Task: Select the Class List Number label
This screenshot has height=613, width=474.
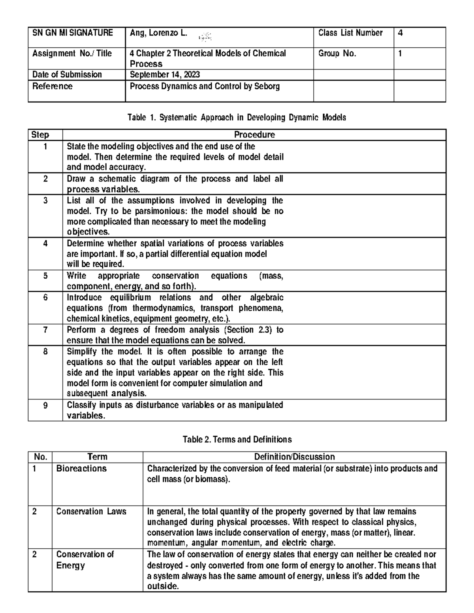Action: click(350, 33)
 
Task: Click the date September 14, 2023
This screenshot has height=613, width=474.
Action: click(165, 75)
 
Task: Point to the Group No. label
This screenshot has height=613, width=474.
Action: click(337, 54)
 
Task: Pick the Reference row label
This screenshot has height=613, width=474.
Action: click(53, 86)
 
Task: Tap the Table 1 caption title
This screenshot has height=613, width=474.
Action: click(236, 117)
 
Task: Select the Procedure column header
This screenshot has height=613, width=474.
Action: click(254, 135)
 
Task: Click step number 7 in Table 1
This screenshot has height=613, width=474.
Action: click(45, 330)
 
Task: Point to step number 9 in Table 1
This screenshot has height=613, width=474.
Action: click(45, 405)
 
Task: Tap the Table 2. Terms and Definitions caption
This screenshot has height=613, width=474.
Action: click(237, 439)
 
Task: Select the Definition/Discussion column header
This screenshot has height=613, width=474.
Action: click(294, 457)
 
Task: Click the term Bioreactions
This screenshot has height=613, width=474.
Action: click(81, 469)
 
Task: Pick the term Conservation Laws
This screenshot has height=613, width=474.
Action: click(91, 512)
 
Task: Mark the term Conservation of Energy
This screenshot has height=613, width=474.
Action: click(85, 560)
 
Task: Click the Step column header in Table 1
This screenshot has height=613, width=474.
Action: click(40, 135)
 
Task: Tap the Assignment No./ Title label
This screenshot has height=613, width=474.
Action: click(72, 54)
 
